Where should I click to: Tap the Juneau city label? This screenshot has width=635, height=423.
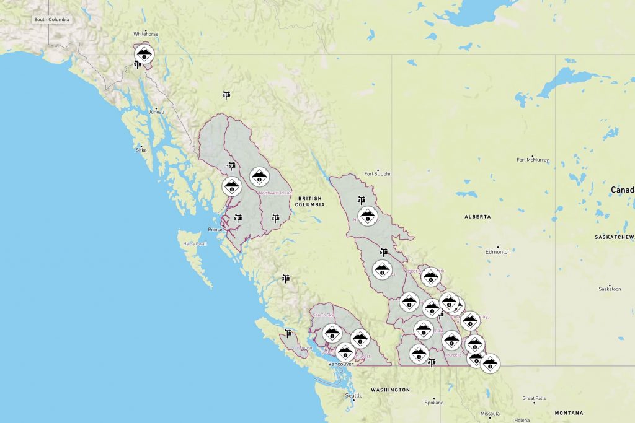156,112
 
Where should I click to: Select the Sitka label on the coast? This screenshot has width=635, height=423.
141,150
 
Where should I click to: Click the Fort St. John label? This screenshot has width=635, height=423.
378,174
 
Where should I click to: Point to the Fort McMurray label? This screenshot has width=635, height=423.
533,160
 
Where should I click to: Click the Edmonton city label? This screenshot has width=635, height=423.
498,252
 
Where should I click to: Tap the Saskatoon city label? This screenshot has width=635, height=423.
610,289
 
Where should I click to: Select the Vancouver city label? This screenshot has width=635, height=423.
341,364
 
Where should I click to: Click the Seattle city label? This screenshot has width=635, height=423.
354,396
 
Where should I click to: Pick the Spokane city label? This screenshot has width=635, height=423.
434,403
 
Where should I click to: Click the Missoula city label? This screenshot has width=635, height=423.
490,414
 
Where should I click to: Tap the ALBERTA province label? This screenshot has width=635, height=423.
477,217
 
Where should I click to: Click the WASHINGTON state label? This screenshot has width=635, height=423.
391,390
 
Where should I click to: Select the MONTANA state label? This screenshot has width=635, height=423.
569,412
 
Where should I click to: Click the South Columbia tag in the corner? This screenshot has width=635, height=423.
52,19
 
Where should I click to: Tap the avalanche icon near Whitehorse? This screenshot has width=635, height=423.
144,53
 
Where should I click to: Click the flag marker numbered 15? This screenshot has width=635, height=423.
231,166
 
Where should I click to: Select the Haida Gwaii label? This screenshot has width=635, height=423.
194,243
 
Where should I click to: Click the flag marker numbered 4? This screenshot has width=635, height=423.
226,95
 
